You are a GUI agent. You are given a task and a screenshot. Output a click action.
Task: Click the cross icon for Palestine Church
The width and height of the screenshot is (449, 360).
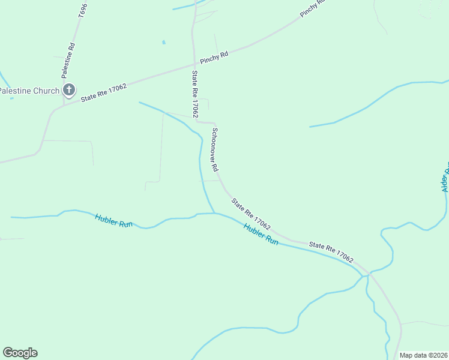click(68, 91)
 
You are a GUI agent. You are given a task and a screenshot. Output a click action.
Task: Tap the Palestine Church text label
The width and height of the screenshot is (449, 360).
click(29, 91)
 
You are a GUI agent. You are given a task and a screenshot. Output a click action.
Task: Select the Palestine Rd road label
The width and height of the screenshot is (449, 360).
click(68, 61)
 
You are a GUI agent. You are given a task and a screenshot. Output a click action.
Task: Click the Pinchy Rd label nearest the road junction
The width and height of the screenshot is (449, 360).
click(214, 58)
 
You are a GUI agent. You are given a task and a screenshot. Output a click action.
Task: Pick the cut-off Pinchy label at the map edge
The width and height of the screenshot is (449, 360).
click(312, 8)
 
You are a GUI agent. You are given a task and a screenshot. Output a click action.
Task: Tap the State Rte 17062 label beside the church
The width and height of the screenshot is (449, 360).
click(103, 92)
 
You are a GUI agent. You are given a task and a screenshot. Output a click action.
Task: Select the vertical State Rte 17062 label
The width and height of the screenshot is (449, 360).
click(195, 94)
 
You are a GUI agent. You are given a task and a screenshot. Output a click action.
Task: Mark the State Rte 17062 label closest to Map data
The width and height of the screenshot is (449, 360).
click(331, 250)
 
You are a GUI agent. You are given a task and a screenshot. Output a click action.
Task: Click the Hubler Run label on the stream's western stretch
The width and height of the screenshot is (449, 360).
click(113, 220)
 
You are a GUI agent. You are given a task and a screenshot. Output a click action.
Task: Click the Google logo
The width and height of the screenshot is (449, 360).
click(20, 353)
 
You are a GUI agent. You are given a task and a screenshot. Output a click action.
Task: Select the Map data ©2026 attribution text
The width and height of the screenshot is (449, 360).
click(423, 355)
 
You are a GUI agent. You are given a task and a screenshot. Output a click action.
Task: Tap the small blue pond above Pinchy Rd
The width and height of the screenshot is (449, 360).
click(163, 42)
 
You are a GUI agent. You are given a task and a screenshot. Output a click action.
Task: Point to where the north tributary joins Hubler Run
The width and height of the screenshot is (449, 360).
click(214, 213)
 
